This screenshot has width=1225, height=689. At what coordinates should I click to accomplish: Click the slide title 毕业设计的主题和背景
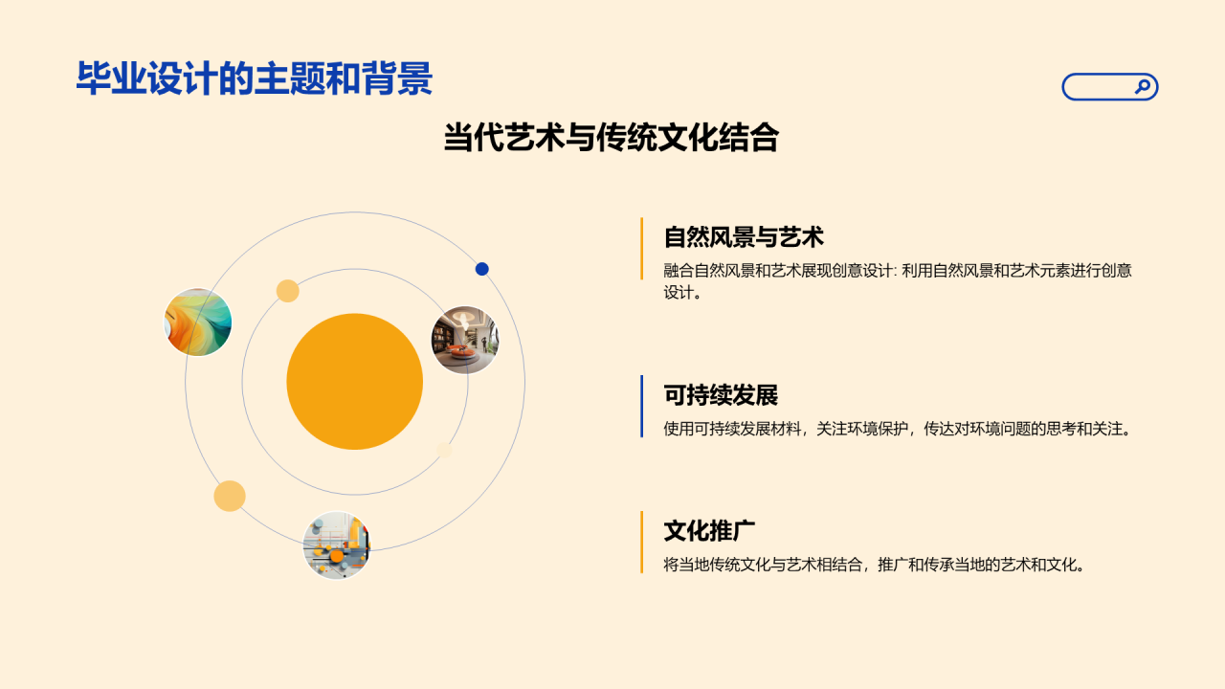[254, 78]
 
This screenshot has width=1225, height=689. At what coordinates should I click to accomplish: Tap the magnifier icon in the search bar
[1142, 87]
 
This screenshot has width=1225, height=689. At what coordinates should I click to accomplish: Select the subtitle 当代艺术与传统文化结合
[611, 138]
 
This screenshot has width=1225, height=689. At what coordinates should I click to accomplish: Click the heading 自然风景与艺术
[744, 236]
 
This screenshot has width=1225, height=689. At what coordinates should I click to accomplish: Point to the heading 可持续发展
[721, 394]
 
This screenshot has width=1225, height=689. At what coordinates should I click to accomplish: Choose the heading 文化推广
[710, 530]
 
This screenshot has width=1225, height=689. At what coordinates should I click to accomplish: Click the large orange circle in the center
[354, 382]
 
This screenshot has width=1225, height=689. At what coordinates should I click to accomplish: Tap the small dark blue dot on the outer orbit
[482, 269]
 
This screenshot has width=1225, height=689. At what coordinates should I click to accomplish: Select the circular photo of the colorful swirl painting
[198, 322]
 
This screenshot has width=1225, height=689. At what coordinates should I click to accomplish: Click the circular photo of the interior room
[465, 340]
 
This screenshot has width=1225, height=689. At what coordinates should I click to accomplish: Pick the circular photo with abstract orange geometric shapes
[337, 545]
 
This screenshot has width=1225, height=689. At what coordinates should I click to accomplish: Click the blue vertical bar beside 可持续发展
[641, 406]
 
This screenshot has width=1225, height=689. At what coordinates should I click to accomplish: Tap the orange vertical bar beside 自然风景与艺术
[641, 249]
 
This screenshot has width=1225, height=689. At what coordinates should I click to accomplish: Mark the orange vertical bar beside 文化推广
[641, 542]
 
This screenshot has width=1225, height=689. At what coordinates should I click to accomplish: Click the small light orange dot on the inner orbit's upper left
[288, 291]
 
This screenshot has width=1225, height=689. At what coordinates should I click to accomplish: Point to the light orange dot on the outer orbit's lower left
[230, 496]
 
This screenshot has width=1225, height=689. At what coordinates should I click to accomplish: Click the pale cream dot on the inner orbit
[444, 450]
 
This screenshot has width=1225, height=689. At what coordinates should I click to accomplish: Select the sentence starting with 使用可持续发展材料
[898, 429]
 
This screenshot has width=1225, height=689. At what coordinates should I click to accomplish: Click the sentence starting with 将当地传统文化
[876, 565]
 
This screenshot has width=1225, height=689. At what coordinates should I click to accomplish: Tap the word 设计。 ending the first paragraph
[683, 293]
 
